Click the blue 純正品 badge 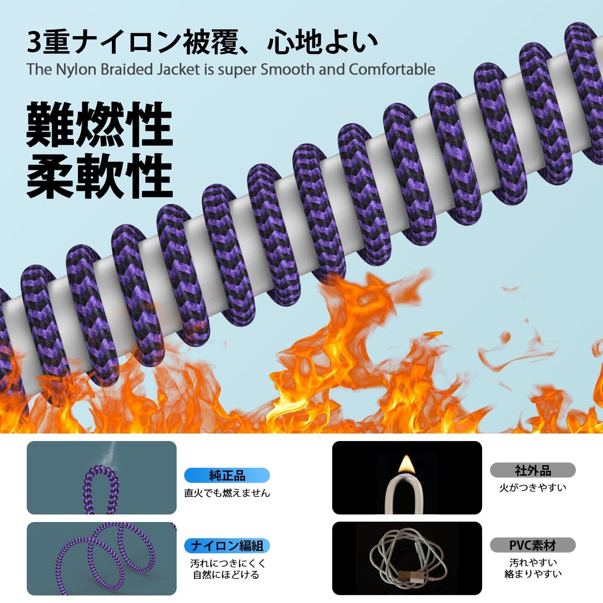[x=227, y=475]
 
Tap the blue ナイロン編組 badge [x=227, y=545]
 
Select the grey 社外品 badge [x=533, y=470]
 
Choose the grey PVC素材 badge [x=533, y=545]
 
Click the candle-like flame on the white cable [x=406, y=464]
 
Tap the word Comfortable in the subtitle [x=392, y=70]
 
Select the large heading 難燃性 [x=99, y=124]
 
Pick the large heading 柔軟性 [x=99, y=176]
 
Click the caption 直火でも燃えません [x=227, y=493]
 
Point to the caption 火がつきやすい [x=533, y=488]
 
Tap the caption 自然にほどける [x=226, y=575]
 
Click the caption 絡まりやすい [x=533, y=574]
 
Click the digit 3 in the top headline [x=34, y=43]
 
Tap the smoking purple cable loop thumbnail [x=101, y=477]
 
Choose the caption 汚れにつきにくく [x=228, y=563]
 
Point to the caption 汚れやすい [x=533, y=563]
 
